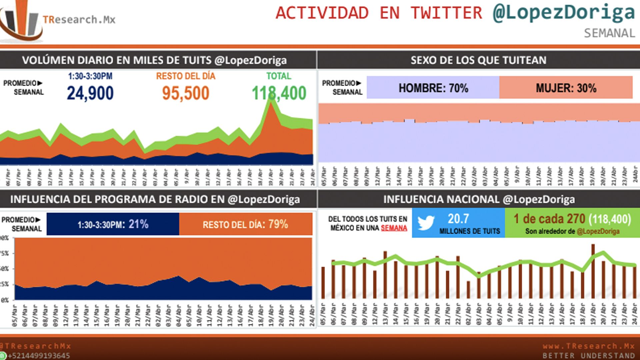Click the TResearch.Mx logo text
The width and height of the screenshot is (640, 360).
79,20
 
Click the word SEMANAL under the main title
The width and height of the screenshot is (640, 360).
609,33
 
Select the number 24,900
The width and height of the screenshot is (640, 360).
90,93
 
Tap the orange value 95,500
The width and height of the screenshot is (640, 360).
186,93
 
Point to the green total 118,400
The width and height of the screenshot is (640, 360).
279,93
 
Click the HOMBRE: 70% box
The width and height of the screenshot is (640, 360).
433,88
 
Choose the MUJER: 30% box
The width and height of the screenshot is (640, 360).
566,88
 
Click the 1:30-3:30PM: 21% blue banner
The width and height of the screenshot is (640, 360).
113,224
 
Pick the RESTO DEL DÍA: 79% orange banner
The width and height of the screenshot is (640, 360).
245,224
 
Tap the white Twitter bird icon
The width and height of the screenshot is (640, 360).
426,223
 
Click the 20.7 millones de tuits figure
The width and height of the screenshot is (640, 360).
459,219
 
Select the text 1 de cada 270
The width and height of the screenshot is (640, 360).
549,219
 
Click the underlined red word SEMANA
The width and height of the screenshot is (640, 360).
394,228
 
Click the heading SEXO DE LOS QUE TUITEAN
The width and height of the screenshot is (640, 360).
478,60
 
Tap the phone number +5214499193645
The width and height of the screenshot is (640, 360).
39,356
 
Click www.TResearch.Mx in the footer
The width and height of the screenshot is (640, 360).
588,346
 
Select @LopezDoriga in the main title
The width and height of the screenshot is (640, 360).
564,13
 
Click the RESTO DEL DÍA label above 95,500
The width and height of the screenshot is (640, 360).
186,76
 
